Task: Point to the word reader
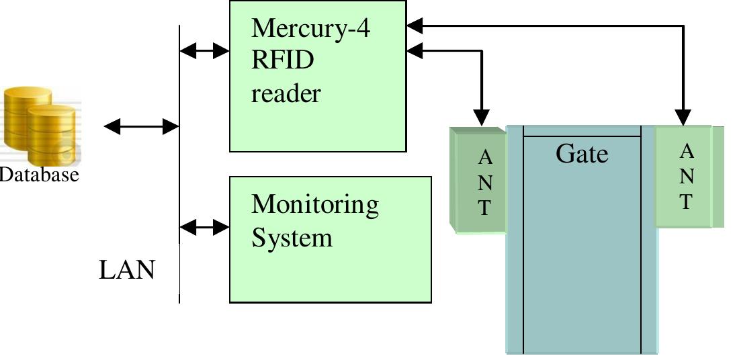pos(286,93)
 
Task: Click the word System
pos(292,237)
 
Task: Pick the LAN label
pos(127,270)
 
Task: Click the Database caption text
pos(39,175)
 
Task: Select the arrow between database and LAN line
pos(141,126)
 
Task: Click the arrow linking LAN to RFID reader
pos(205,50)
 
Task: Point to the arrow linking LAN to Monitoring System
pos(205,227)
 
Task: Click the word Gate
pos(582,154)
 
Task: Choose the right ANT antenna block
pos(686,176)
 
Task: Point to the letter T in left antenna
pos(484,208)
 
